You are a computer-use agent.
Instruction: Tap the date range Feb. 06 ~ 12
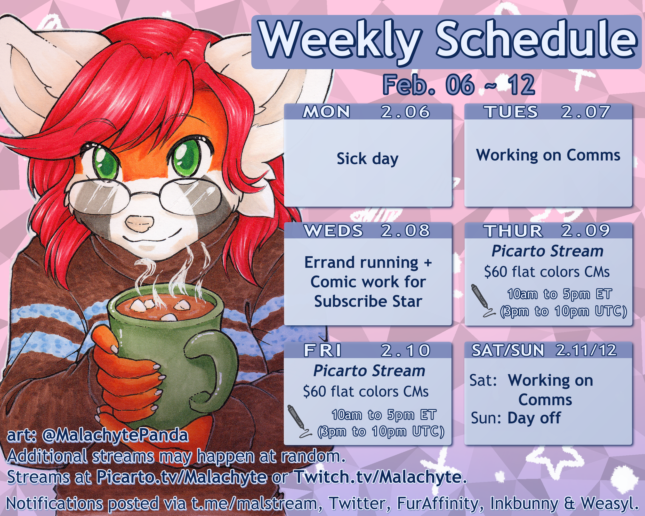click(x=459, y=85)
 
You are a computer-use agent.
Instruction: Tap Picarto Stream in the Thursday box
click(x=547, y=251)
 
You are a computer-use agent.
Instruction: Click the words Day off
click(x=534, y=418)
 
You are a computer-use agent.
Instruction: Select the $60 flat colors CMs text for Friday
click(x=366, y=392)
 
